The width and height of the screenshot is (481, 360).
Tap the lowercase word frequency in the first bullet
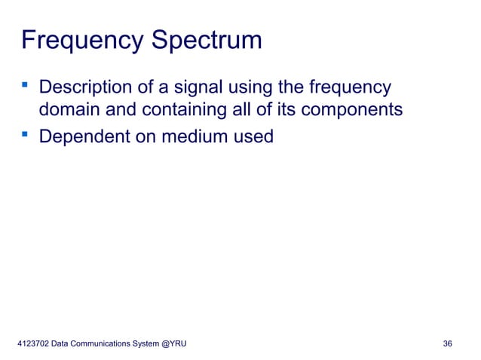(348, 87)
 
